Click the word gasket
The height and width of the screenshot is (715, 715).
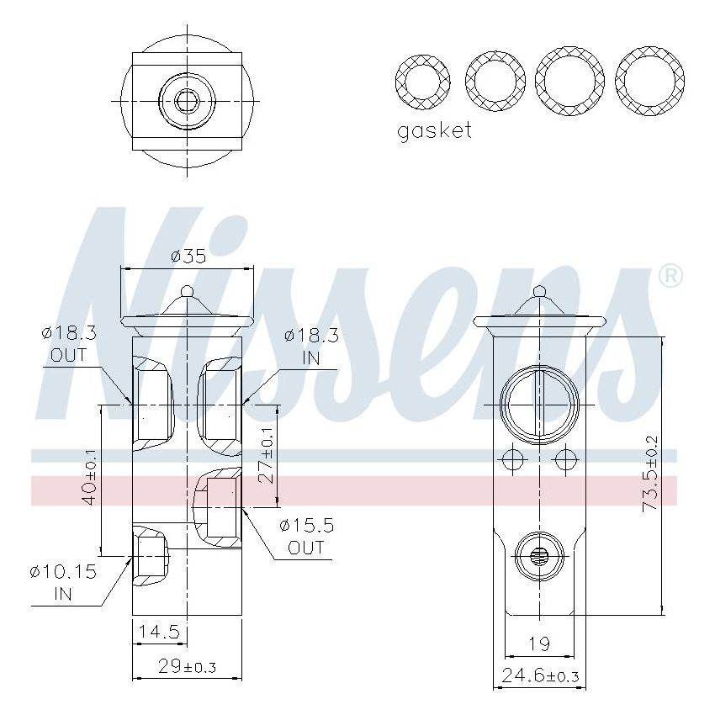pos(434,130)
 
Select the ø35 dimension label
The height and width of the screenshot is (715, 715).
pos(188,256)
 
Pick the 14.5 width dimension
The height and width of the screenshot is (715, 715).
pos(158,631)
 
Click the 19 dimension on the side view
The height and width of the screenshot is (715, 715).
pos(539,643)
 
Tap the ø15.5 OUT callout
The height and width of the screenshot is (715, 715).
pos(306,536)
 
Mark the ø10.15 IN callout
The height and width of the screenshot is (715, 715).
pos(63,582)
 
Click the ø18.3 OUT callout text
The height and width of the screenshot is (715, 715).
pos(68,343)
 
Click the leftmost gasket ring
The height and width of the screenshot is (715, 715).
pos(424,83)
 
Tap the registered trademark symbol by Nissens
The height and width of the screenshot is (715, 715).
pos(670,275)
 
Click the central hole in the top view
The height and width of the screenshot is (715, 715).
pos(187,101)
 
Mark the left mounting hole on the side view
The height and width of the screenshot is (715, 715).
pos(511,459)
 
